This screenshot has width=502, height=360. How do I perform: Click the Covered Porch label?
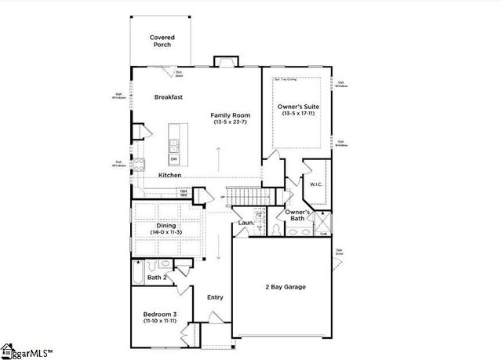(162, 41)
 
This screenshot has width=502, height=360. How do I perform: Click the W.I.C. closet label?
(317, 185)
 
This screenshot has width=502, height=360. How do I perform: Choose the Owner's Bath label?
(297, 215)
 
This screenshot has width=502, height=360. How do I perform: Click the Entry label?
(215, 297)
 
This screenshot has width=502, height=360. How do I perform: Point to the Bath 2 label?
(158, 277)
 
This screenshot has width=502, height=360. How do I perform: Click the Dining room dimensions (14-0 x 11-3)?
(166, 232)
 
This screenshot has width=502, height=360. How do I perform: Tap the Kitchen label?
(170, 175)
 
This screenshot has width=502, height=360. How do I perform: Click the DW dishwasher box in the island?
(173, 159)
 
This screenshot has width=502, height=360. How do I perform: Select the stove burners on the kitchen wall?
(139, 165)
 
